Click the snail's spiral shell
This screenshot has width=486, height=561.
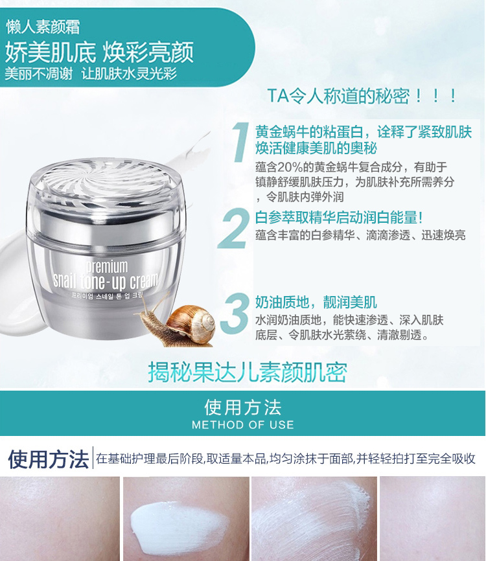click(191, 324)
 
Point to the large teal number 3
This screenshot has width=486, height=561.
click(235, 313)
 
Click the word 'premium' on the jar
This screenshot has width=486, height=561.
click(107, 267)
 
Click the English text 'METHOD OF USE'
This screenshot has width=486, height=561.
click(242, 425)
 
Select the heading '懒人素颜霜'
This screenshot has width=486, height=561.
click(43, 28)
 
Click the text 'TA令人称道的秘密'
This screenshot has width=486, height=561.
click(338, 96)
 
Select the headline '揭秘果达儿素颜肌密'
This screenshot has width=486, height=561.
click(248, 372)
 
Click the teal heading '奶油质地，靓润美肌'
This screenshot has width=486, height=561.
click(316, 303)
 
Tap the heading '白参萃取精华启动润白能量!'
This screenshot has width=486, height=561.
click(339, 218)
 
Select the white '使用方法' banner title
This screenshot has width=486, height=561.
click(242, 407)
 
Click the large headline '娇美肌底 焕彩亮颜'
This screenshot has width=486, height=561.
click(99, 52)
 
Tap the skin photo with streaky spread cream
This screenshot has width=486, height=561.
click(314, 519)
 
